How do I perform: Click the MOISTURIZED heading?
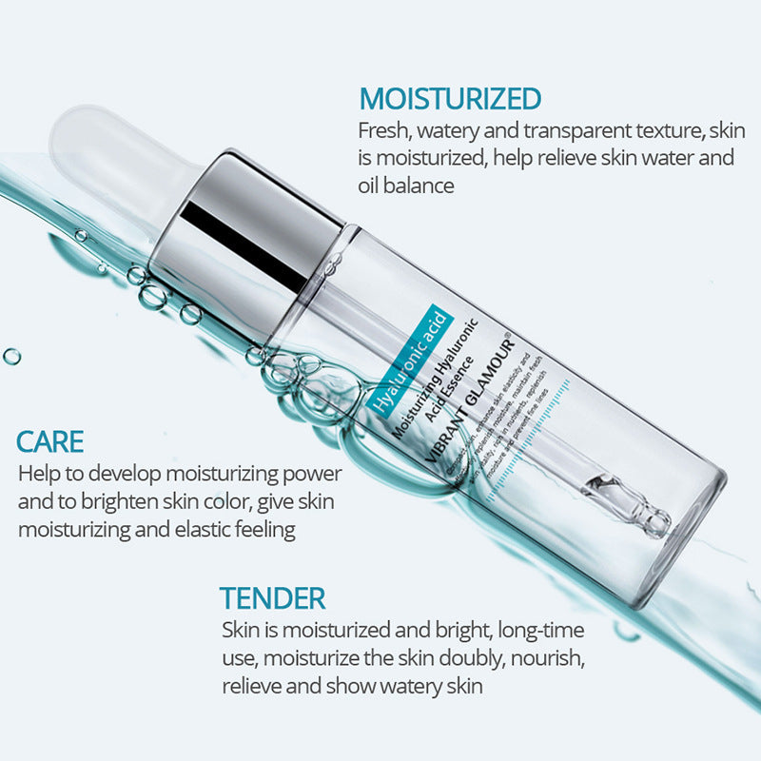[449, 98]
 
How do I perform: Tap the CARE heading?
[50, 441]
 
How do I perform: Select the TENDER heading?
[272, 598]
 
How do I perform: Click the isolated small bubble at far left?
[11, 356]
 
